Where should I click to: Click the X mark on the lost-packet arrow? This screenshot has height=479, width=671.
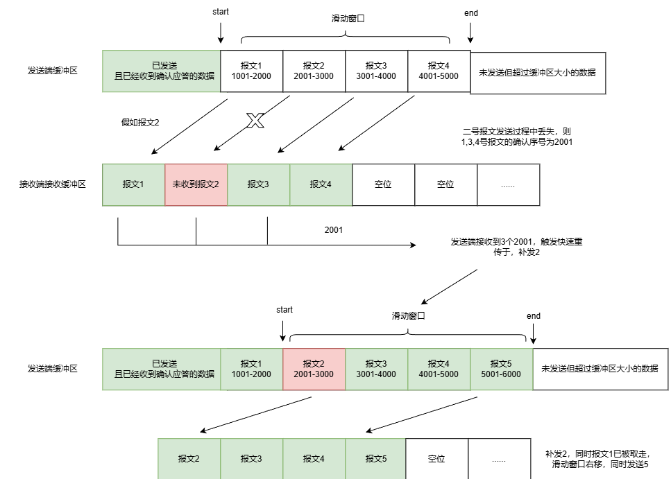point(255,121)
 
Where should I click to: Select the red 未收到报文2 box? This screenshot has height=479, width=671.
point(196,185)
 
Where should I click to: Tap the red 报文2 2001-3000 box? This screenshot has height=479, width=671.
point(314,369)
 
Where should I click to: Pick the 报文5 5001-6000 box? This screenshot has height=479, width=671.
point(502,369)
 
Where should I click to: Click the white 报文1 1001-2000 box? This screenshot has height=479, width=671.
point(252,71)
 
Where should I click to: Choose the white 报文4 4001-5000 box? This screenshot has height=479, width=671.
point(439,71)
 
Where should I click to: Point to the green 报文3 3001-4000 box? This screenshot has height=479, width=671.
point(377,369)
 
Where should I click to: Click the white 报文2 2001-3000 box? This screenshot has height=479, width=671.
point(314,71)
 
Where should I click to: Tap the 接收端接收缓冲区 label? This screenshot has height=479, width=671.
point(53,184)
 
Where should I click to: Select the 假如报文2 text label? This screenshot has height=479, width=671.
point(140,122)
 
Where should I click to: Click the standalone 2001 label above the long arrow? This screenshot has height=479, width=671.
point(334,230)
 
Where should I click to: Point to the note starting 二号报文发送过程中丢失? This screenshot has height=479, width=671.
point(517,137)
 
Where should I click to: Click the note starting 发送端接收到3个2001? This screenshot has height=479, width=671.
point(516,247)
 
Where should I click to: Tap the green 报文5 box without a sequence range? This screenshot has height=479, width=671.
point(375,458)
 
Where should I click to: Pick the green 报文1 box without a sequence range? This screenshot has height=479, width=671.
point(133,185)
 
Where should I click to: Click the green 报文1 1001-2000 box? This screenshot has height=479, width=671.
point(252,369)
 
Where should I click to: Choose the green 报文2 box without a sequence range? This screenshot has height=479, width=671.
point(189,458)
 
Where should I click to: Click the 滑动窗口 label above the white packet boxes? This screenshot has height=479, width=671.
point(348,19)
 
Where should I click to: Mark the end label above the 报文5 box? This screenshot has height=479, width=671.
point(534,316)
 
